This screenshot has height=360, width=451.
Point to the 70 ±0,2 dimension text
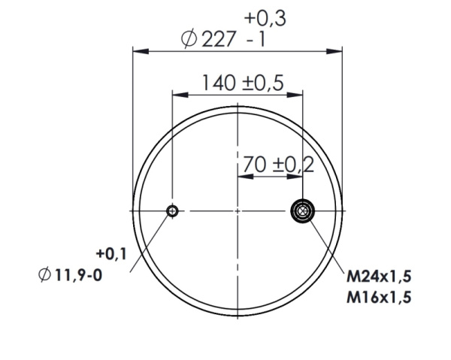[278, 163]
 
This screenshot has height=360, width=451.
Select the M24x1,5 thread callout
[378, 279]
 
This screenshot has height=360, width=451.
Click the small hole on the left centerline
[173, 211]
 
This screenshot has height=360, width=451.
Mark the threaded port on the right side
[302, 211]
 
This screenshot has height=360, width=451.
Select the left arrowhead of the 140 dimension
[177, 95]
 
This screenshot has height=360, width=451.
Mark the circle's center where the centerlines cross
[238, 211]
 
